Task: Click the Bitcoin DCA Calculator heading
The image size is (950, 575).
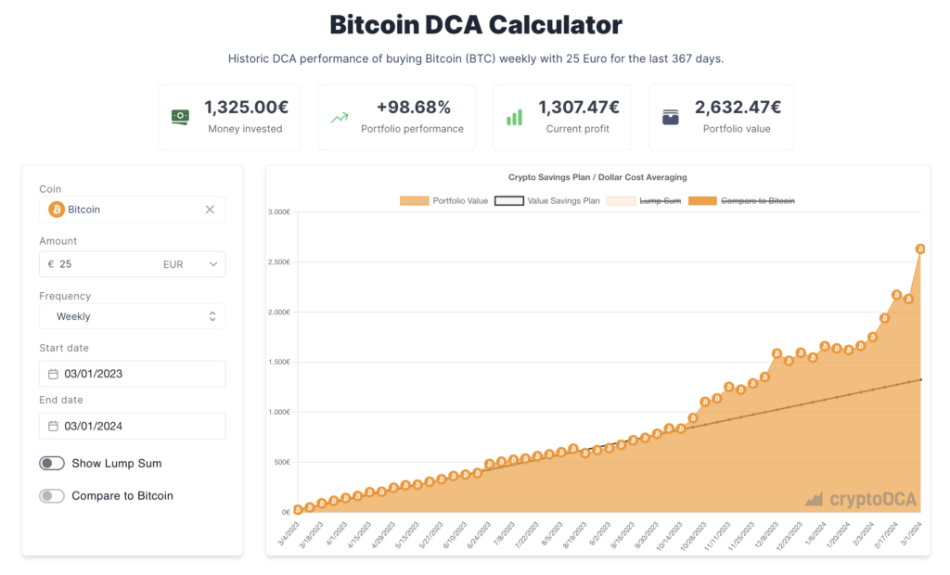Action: (475, 24)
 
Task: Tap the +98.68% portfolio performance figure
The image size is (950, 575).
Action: (412, 108)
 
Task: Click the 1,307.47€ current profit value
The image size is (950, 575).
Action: (579, 108)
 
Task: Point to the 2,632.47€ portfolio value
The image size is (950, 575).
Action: (738, 108)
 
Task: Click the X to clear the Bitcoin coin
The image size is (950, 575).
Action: (210, 210)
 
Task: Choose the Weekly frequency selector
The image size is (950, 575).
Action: (132, 316)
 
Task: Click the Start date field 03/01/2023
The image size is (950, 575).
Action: (132, 374)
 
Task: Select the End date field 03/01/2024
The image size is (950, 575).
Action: (132, 426)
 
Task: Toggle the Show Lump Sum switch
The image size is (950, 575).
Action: (52, 463)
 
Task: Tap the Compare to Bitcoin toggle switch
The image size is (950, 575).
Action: (52, 496)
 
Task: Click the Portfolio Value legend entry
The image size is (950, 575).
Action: (443, 200)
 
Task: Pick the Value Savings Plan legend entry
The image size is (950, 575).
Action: (547, 200)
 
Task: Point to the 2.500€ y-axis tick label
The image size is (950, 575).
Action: (279, 262)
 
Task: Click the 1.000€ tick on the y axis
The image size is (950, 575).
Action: (279, 412)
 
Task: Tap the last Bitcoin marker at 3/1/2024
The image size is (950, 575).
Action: (920, 249)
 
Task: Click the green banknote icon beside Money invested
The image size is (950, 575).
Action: (180, 117)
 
